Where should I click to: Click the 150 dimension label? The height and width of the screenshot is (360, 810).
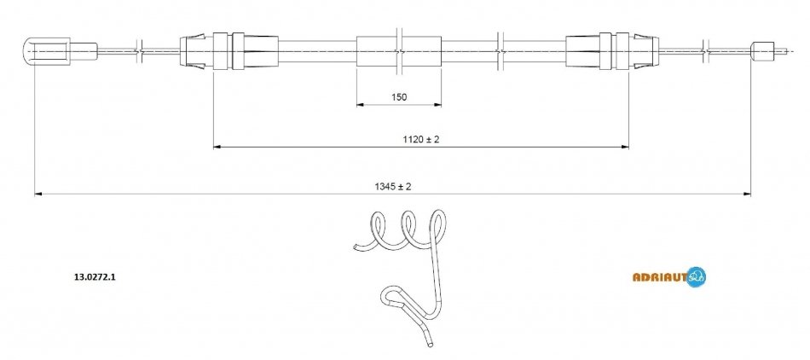[x=399, y=96]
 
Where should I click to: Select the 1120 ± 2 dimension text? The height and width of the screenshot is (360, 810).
[x=421, y=139]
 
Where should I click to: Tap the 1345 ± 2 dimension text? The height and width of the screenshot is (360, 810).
[x=393, y=187]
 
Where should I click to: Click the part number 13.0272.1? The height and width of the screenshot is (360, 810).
[x=95, y=277]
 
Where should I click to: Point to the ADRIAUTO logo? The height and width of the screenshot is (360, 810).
[x=669, y=277]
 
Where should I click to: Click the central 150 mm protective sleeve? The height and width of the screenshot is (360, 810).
[x=399, y=51]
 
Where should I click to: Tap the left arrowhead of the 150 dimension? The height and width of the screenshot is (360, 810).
[x=361, y=105]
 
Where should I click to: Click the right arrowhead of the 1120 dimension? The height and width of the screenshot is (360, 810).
[x=624, y=148]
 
